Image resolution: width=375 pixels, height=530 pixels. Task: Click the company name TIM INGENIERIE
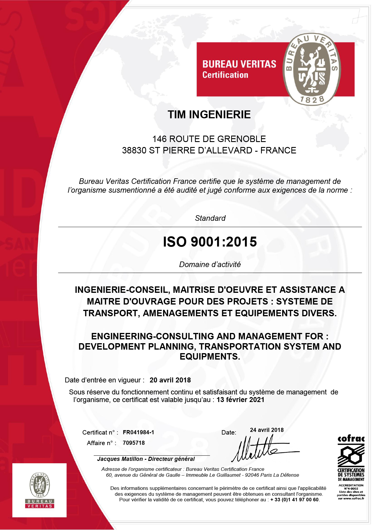[209, 114]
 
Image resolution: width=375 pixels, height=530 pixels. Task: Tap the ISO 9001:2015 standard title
[210, 242]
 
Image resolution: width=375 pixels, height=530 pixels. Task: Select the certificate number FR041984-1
[138, 432]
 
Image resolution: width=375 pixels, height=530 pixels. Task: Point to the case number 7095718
[134, 443]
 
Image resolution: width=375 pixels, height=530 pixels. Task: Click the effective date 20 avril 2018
[170, 380]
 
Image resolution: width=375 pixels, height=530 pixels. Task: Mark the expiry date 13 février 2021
[240, 400]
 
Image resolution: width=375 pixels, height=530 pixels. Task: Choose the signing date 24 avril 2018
[267, 430]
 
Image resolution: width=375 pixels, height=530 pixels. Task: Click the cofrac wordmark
[351, 439]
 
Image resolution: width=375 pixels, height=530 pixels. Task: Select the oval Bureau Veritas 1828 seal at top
[312, 69]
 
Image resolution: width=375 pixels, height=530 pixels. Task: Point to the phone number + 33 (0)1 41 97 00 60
[294, 500]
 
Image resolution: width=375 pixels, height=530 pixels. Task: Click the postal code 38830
[134, 150]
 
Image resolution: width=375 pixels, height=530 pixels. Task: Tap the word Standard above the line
[210, 218]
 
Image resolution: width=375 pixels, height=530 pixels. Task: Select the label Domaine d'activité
[210, 264]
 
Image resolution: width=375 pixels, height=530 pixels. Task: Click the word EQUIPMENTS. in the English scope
[210, 357]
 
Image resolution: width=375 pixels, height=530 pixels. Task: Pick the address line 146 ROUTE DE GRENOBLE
[209, 139]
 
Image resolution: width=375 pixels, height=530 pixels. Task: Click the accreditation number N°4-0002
[351, 488]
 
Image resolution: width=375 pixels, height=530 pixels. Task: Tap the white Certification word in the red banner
[225, 75]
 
